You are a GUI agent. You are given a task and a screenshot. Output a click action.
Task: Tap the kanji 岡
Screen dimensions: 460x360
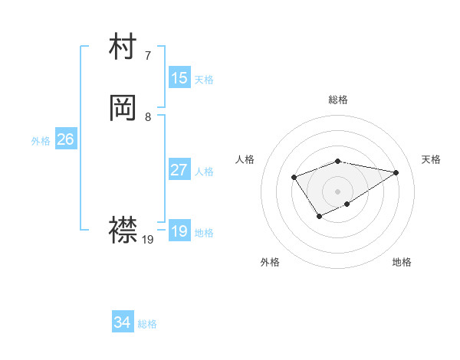pyautogui.click(x=123, y=109)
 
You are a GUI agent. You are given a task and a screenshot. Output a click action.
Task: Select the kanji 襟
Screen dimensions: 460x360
pyautogui.click(x=123, y=229)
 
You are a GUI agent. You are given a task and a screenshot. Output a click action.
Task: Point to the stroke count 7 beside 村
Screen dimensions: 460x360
pyautogui.click(x=148, y=56)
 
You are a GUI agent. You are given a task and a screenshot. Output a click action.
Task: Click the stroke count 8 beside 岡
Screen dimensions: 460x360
pyautogui.click(x=148, y=117)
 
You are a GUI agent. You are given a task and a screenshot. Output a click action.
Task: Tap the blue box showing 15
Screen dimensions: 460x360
pyautogui.click(x=179, y=78)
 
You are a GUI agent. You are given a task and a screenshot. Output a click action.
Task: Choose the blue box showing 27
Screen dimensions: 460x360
pyautogui.click(x=179, y=170)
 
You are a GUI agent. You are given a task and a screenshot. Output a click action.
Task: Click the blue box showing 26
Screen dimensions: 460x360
pyautogui.click(x=65, y=139)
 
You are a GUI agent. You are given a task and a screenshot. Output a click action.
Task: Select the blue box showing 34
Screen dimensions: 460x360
pyautogui.click(x=123, y=322)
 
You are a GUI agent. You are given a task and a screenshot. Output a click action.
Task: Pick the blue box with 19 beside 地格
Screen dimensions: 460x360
pyautogui.click(x=179, y=231)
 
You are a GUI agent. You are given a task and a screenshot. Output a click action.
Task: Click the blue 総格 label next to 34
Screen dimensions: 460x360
pyautogui.click(x=147, y=324)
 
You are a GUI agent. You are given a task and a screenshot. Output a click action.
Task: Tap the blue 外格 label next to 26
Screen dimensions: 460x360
pyautogui.click(x=41, y=141)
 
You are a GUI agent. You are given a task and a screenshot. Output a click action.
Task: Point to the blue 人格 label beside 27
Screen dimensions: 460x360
pyautogui.click(x=204, y=172)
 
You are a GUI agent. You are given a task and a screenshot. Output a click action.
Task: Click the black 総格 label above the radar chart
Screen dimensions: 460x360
pyautogui.click(x=338, y=100)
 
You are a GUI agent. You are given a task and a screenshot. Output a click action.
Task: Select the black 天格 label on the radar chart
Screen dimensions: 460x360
pyautogui.click(x=431, y=159)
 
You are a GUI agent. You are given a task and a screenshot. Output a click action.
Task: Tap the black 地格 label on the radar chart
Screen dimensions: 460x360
pyautogui.click(x=402, y=262)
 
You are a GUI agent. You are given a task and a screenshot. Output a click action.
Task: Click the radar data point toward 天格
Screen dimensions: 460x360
pyautogui.click(x=396, y=172)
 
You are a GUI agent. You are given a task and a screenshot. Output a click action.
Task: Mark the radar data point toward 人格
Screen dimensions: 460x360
pyautogui.click(x=294, y=177)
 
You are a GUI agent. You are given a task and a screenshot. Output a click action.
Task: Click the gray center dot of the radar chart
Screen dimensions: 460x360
pyautogui.click(x=338, y=191)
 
